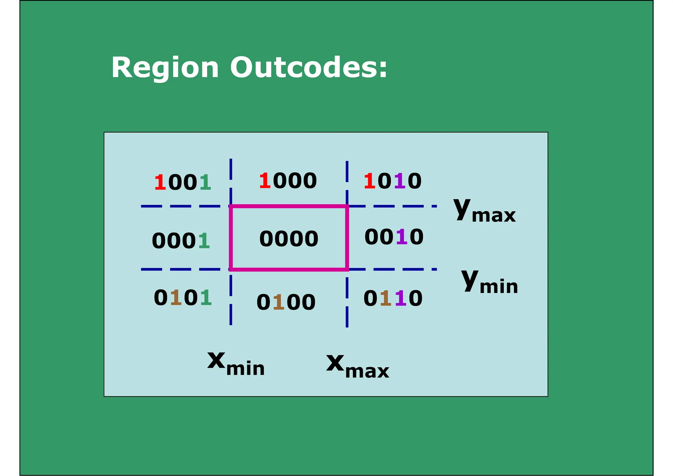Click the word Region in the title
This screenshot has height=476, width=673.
click(x=165, y=68)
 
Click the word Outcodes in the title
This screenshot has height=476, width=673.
click(x=309, y=67)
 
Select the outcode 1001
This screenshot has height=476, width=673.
click(x=183, y=182)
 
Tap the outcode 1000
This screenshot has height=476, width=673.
click(x=288, y=181)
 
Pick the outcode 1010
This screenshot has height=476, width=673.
click(x=392, y=181)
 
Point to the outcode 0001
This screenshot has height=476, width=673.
click(x=181, y=241)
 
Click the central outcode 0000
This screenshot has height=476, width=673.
click(x=289, y=238)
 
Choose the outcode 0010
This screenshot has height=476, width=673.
click(x=394, y=237)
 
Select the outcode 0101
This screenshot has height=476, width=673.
click(x=183, y=297)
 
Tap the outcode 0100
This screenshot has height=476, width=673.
click(x=286, y=302)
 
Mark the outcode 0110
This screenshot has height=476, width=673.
click(x=393, y=298)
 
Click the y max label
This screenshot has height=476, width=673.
click(x=484, y=211)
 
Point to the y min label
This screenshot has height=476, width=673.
click(x=490, y=281)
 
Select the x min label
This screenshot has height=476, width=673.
click(x=236, y=363)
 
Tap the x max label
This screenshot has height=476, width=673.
click(x=358, y=366)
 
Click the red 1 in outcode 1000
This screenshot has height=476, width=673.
click(x=265, y=181)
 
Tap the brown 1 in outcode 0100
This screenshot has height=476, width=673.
click(x=279, y=302)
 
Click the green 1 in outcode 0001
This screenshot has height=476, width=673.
click(x=204, y=241)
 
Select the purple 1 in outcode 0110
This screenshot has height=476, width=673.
click(x=401, y=298)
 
